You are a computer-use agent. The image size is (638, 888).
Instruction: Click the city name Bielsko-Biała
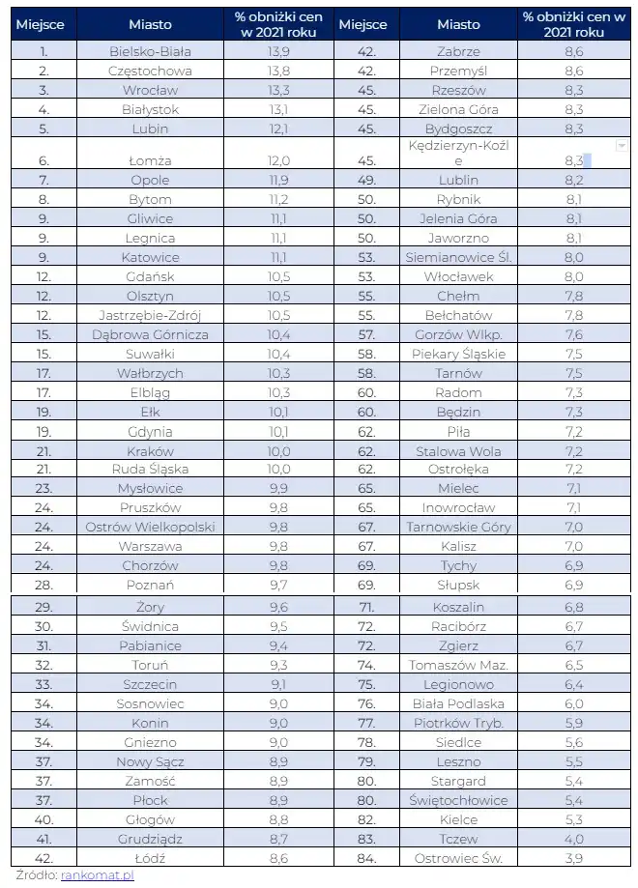tap(149, 51)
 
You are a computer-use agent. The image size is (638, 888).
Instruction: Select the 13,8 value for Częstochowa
tap(278, 71)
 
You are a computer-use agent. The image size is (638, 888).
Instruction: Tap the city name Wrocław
tap(149, 90)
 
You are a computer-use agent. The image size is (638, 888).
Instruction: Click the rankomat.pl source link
tap(97, 874)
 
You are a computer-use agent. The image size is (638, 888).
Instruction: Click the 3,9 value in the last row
tap(573, 857)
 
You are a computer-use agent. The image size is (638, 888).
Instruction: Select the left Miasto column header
tap(149, 25)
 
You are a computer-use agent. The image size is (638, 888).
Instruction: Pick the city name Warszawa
tap(149, 546)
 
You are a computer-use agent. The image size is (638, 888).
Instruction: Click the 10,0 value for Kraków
tap(278, 451)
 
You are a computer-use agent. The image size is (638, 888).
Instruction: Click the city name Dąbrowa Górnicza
tap(149, 334)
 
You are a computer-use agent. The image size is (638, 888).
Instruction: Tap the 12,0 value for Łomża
tap(278, 161)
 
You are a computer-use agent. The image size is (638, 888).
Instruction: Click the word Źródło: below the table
tap(34, 874)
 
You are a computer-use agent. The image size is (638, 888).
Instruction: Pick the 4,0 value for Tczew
tap(573, 839)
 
